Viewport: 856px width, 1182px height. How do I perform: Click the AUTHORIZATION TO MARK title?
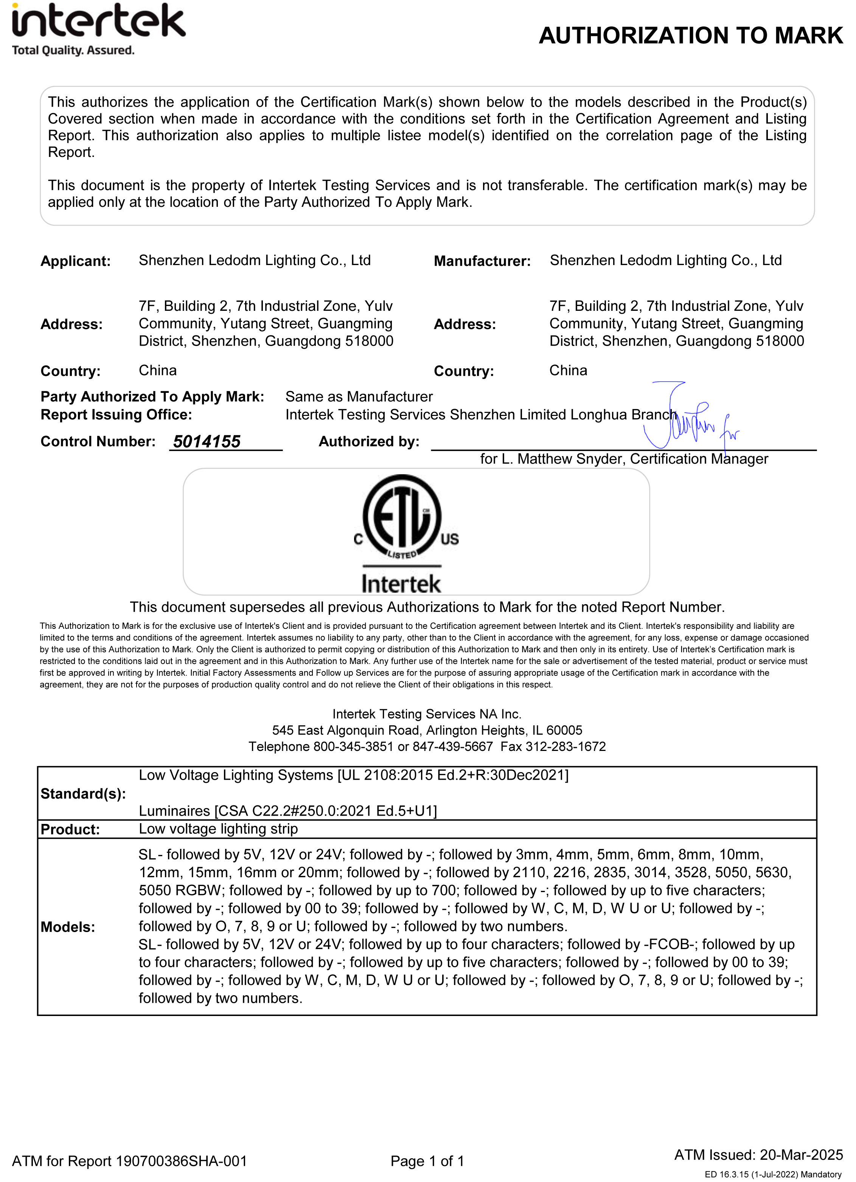[690, 36]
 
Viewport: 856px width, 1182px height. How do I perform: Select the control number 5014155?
[207, 442]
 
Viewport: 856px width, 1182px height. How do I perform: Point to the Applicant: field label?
[76, 261]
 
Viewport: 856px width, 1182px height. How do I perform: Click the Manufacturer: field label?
[482, 261]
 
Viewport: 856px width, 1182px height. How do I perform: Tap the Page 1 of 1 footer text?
[427, 1161]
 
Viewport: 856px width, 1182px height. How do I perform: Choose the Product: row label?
[70, 829]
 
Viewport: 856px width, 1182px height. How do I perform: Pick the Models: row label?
[68, 927]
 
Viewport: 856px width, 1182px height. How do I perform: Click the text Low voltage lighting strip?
[218, 829]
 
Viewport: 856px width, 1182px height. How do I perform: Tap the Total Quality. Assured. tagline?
[73, 51]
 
